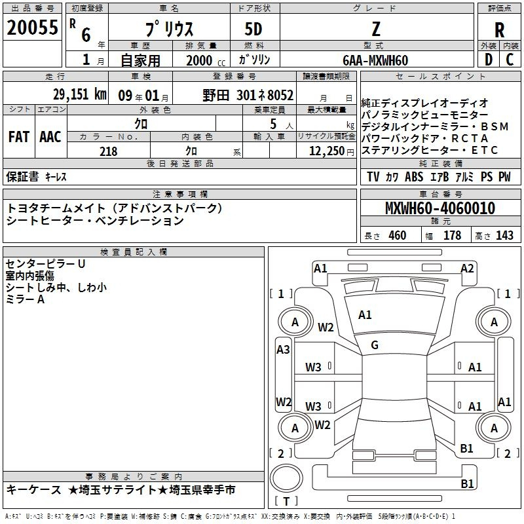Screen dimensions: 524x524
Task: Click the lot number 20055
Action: [x=32, y=28]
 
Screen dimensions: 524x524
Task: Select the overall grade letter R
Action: [x=499, y=30]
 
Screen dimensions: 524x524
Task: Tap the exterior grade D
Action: [x=489, y=60]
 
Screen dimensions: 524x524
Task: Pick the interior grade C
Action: [x=510, y=60]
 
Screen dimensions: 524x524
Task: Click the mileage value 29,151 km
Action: [x=80, y=94]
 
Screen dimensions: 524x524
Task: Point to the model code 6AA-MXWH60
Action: [x=375, y=60]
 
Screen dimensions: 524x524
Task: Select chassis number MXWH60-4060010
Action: [x=440, y=208]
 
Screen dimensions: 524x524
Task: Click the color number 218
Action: [x=108, y=151]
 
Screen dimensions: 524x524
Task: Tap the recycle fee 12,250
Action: [x=327, y=151]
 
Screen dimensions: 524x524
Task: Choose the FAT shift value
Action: [x=19, y=137]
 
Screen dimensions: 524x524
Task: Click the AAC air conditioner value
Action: [x=50, y=137]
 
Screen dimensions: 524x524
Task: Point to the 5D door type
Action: [x=253, y=29]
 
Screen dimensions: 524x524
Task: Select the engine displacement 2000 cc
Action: [x=206, y=60]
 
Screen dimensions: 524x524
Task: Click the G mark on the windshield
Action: [x=375, y=345]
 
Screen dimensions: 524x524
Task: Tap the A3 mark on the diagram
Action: [x=283, y=350]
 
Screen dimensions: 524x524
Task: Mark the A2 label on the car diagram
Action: [x=467, y=269]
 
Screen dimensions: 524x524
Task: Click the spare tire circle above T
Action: [x=286, y=478]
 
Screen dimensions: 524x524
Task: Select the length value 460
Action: [x=398, y=236]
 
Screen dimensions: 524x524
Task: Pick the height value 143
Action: [x=504, y=236]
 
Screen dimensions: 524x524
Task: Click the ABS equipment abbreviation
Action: [x=414, y=177]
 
